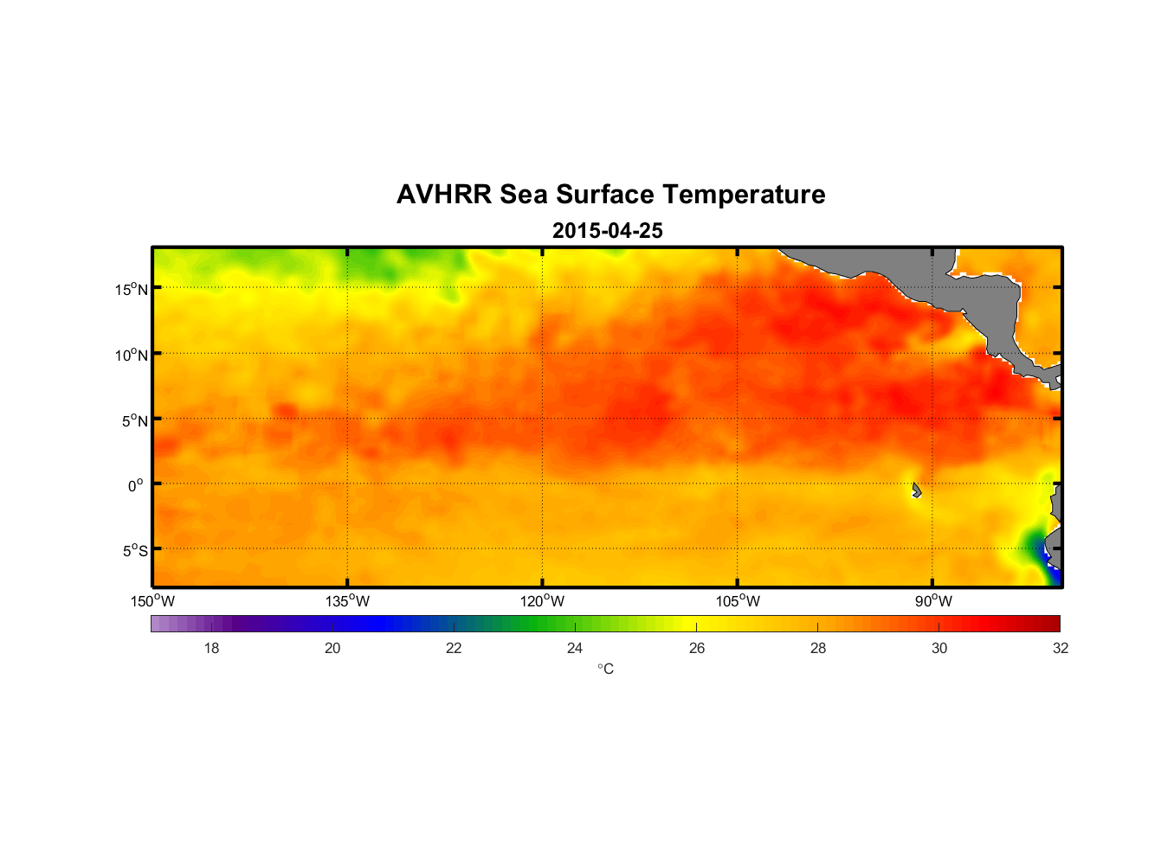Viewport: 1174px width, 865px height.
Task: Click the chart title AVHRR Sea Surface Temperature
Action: (610, 195)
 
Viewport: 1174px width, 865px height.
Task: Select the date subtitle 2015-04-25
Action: (607, 231)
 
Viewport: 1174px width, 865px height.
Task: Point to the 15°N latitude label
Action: (131, 289)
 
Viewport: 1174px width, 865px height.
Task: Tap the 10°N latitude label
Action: (131, 355)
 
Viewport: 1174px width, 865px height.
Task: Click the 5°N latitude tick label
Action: (134, 420)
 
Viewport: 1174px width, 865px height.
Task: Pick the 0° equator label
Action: (136, 485)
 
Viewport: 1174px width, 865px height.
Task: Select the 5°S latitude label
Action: (134, 551)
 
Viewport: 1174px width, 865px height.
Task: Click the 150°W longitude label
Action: (152, 601)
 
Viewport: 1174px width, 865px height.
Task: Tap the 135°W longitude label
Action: (347, 601)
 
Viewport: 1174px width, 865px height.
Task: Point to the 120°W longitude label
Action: (542, 601)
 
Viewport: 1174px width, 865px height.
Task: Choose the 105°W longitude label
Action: (738, 601)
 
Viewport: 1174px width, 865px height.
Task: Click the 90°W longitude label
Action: (933, 601)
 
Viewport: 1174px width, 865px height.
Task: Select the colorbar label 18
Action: (211, 648)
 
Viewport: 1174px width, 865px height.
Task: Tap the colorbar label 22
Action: (454, 648)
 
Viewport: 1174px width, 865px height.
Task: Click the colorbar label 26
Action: (697, 648)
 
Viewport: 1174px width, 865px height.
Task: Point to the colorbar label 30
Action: (939, 648)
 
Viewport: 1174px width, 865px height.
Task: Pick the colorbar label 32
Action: (1061, 648)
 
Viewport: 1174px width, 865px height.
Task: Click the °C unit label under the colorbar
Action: (605, 669)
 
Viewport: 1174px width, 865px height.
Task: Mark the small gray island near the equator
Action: (916, 490)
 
